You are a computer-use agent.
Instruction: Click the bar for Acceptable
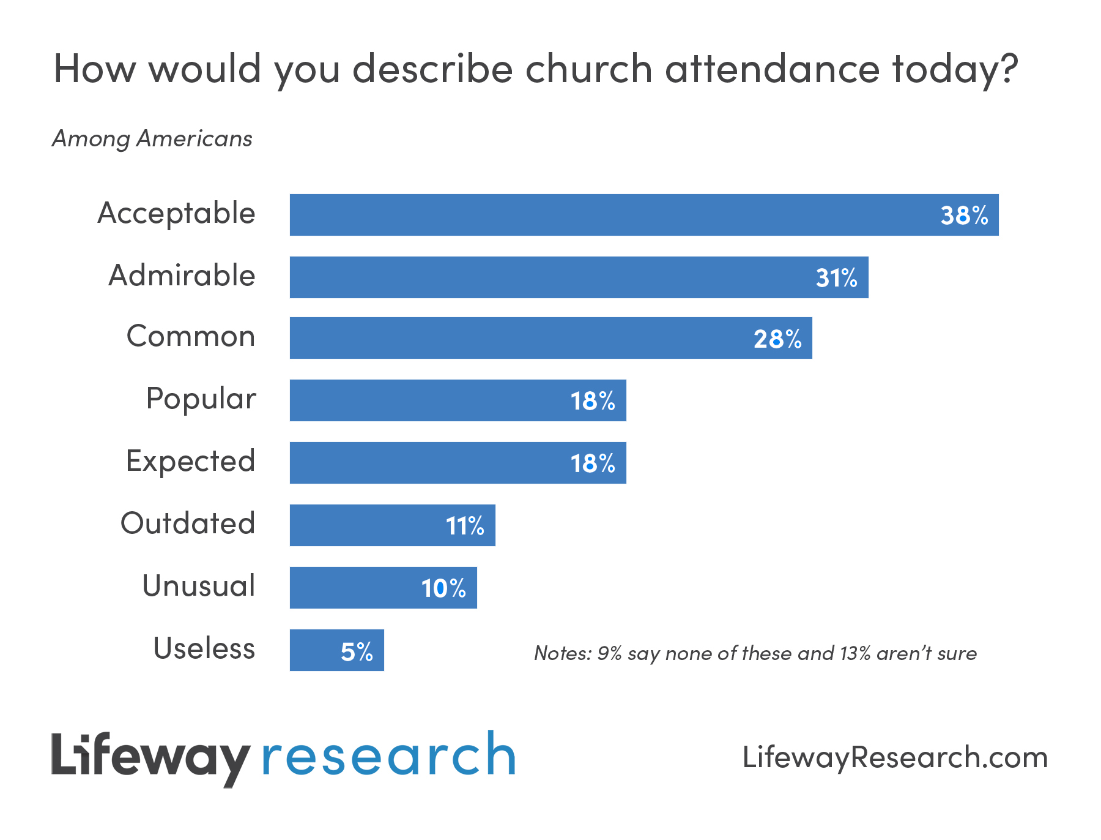click(612, 215)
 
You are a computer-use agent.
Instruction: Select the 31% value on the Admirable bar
click(836, 278)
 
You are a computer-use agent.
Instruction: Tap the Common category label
click(190, 336)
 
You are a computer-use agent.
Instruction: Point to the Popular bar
click(428, 400)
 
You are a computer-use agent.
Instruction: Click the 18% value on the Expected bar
click(592, 463)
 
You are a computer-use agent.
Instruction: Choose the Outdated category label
click(187, 523)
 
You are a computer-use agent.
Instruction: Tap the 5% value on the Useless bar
click(357, 652)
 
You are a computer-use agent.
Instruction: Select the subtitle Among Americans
click(152, 139)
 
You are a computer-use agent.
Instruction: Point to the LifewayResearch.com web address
click(895, 757)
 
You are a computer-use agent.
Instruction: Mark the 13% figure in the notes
click(854, 653)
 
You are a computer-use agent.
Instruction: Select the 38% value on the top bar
click(964, 216)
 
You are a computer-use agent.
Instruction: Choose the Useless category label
click(204, 648)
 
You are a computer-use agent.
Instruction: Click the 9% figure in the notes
click(609, 653)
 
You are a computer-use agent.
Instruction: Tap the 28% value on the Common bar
click(777, 339)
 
